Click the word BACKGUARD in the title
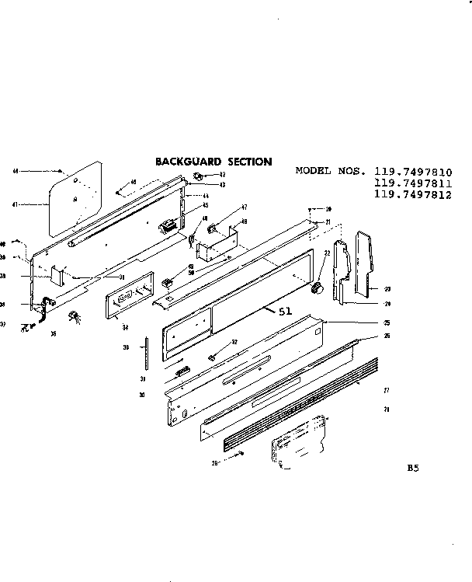[x=185, y=162]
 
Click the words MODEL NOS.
[x=331, y=172]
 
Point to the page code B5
[x=412, y=469]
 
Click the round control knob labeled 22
[x=316, y=289]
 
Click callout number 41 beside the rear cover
[x=16, y=206]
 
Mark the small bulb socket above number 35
[x=75, y=315]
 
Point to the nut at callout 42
[x=197, y=175]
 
